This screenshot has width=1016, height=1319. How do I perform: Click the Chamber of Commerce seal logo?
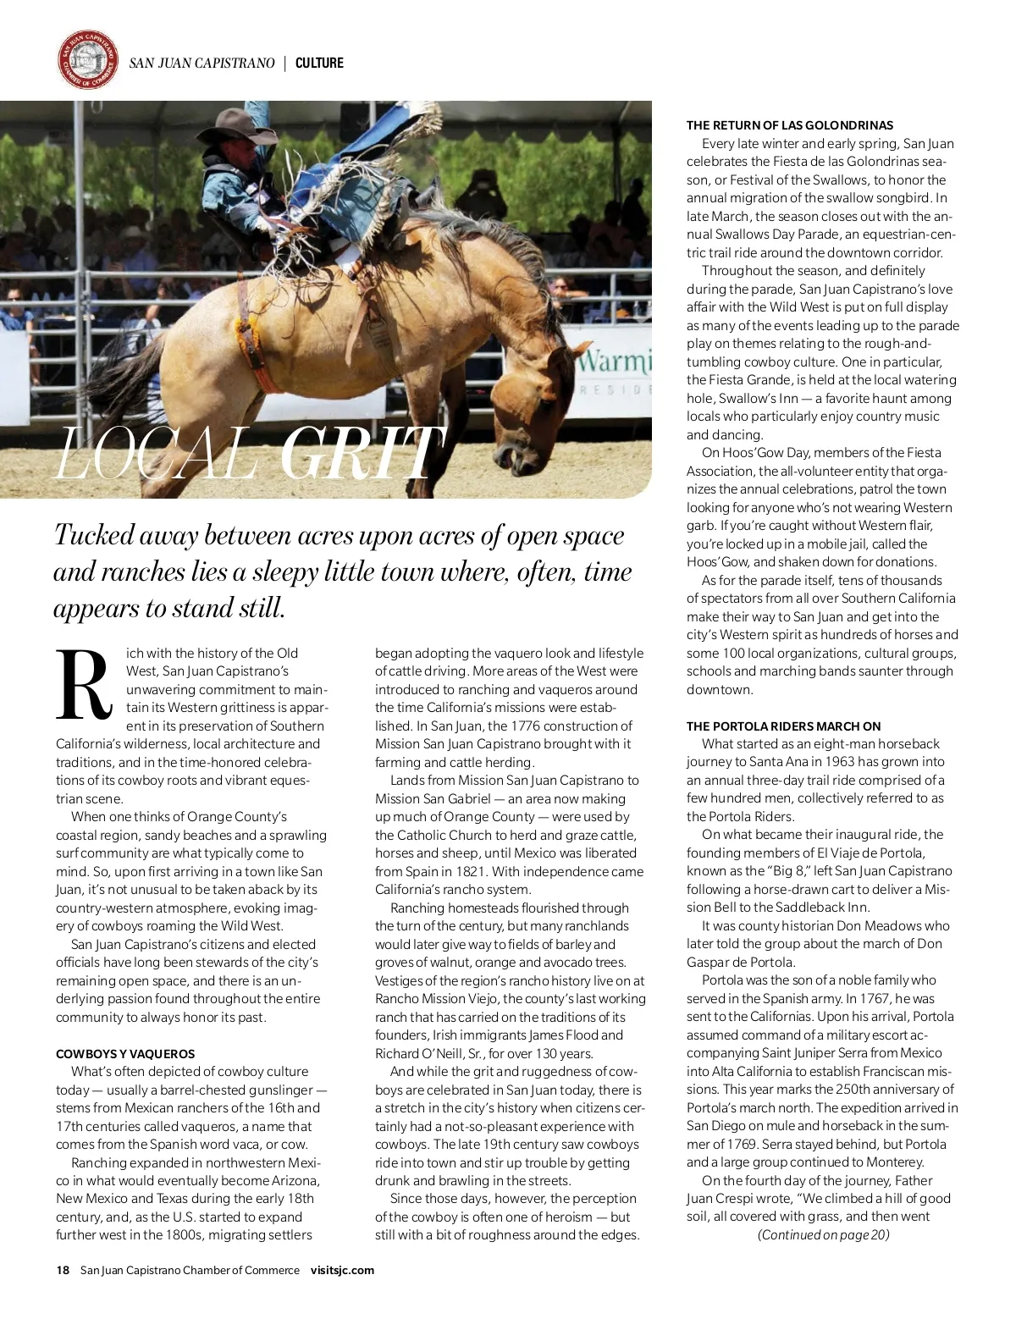(x=88, y=60)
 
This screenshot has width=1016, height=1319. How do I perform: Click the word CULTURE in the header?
(x=319, y=63)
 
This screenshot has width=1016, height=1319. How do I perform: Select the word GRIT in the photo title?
(x=361, y=454)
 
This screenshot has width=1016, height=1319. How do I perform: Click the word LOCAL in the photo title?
(x=156, y=454)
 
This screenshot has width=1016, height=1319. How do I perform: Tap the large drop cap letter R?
(x=84, y=686)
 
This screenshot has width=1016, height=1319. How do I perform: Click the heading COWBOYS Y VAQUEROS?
(x=125, y=1054)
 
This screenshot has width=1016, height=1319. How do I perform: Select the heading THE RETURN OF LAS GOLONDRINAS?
(x=790, y=125)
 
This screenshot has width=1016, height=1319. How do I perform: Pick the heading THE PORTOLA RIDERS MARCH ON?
(x=783, y=726)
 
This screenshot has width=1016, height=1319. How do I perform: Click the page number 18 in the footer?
(x=63, y=1270)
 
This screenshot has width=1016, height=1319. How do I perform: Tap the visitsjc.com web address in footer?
(x=342, y=1270)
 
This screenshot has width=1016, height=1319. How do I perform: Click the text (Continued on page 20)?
(x=823, y=1235)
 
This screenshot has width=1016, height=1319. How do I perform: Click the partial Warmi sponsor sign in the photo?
(x=615, y=364)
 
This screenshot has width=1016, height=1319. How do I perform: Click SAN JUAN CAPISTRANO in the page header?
(x=202, y=63)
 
